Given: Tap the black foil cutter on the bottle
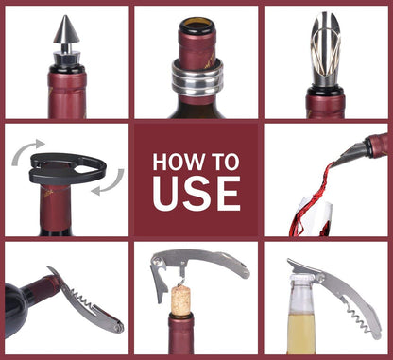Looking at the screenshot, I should click(x=58, y=170).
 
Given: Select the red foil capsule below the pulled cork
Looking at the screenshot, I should click(x=181, y=335).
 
